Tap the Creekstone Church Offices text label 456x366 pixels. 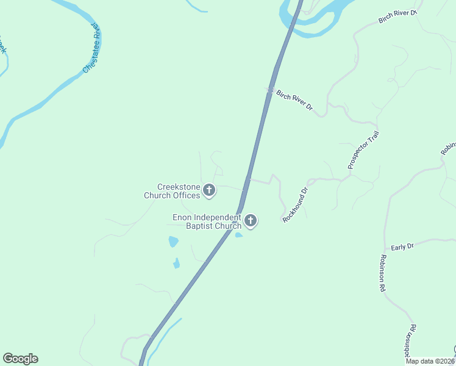tap(172, 192)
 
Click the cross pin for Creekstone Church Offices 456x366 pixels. tap(209, 191)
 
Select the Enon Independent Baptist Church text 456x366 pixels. tap(207, 221)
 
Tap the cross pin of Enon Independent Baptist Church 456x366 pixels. tap(251, 221)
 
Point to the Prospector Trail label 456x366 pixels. tap(363, 150)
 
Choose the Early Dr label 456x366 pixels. tap(402, 246)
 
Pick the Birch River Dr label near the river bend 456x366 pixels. tap(397, 16)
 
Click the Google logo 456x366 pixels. tap(20, 359)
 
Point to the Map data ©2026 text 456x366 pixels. tap(430, 361)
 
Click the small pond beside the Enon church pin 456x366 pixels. tap(238, 235)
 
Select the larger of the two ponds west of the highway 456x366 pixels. tap(174, 242)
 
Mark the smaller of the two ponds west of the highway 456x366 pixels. tap(176, 264)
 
